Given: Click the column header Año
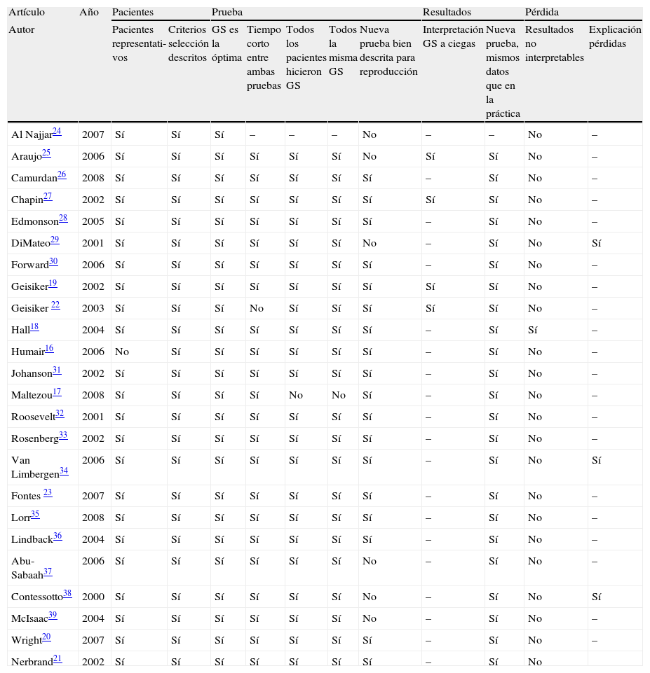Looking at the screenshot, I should (89, 13).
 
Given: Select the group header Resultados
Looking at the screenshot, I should (447, 13).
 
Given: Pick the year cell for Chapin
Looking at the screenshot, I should (93, 200).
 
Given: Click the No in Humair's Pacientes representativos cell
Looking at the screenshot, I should (121, 352).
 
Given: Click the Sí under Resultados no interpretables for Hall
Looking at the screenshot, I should (534, 330).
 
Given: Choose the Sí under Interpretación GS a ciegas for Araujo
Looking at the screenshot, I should (431, 156).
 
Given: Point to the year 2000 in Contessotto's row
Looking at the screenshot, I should (93, 597).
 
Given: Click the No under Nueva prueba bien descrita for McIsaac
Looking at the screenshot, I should (369, 618).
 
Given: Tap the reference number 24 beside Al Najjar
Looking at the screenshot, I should (57, 131).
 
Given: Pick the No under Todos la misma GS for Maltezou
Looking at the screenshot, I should (339, 395).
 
